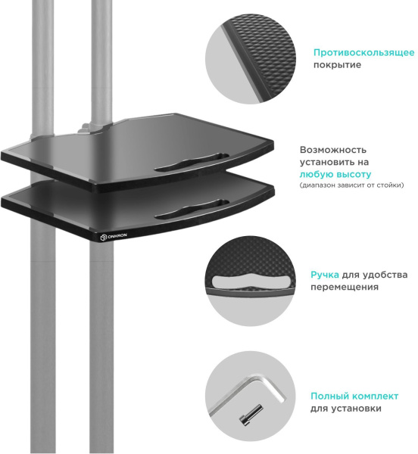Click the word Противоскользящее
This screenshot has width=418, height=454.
tap(363, 53)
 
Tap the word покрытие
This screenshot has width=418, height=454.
tap(337, 65)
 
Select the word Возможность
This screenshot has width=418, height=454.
tap(333, 150)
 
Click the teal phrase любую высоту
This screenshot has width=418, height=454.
tap(335, 174)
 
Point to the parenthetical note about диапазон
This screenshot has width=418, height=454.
tap(351, 185)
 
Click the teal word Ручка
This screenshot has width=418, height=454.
tap(325, 275)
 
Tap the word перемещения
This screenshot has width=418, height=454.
tap(345, 287)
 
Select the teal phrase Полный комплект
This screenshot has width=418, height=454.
tap(354, 396)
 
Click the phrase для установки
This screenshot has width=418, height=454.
tap(346, 409)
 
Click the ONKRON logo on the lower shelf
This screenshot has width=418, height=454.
tap(114, 237)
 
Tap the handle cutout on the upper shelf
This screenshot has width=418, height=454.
tap(192, 162)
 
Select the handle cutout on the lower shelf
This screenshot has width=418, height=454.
tap(192, 209)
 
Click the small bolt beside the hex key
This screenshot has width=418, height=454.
tap(251, 415)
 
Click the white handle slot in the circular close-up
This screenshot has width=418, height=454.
tap(251, 281)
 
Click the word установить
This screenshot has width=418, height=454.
tap(326, 162)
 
